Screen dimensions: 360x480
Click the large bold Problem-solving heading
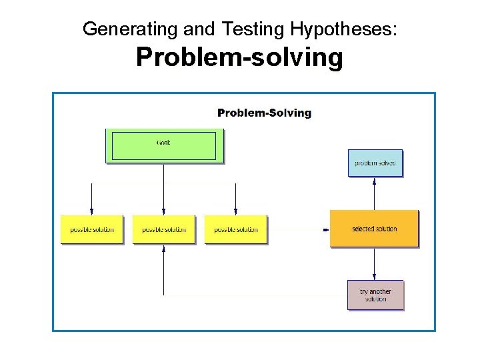(239, 58)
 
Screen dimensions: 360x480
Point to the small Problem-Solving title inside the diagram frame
(264, 113)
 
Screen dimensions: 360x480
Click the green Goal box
(164, 146)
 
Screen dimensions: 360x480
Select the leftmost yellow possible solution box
(92, 229)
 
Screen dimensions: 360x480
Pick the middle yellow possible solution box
(164, 229)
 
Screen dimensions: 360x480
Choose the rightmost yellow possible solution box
(236, 229)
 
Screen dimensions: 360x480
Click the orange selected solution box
(374, 229)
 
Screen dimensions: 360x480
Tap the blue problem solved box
(375, 163)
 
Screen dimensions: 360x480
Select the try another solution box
(376, 295)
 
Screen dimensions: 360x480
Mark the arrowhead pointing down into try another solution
(375, 277)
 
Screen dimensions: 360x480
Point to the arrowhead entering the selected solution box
(326, 229)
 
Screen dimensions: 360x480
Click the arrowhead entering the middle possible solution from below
(164, 249)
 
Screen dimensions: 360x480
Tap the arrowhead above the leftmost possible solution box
(92, 211)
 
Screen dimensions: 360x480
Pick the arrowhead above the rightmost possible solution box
(236, 211)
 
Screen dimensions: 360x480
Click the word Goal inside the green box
(163, 143)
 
